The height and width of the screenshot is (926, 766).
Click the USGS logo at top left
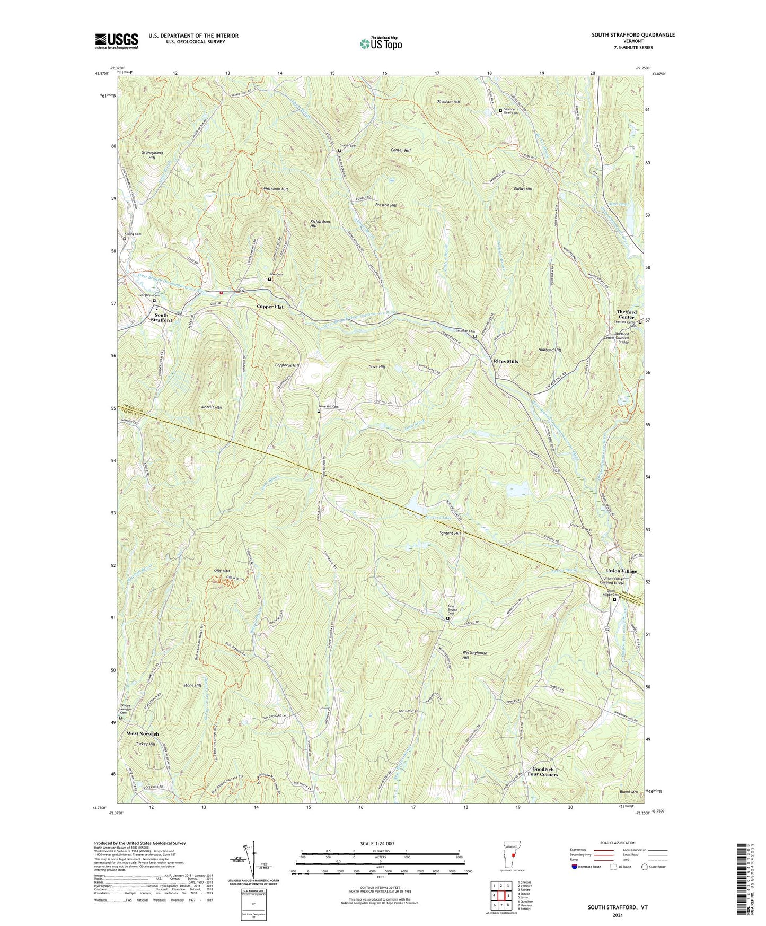pos(116,41)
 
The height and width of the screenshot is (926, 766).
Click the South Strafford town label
pos(161,317)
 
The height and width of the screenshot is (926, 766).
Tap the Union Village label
pos(621,571)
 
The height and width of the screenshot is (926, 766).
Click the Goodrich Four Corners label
pos(543,772)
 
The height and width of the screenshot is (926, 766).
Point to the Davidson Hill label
pos(448,102)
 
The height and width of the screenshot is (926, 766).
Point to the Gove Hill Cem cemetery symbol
pos(319,410)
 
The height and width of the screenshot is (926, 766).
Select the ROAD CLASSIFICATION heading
pos(617,843)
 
